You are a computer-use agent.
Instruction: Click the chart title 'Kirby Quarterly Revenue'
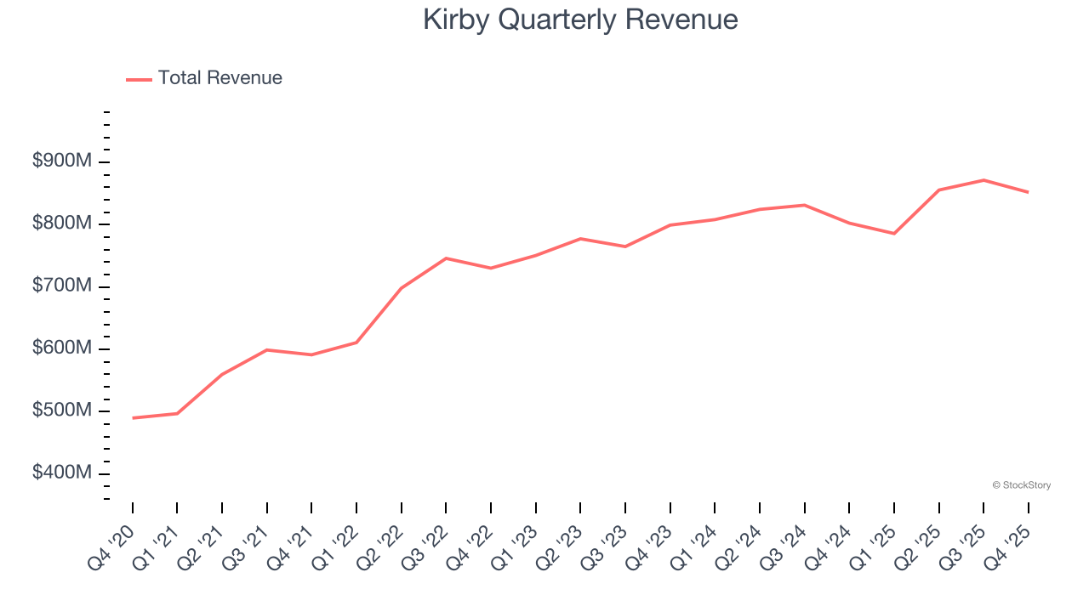(x=580, y=20)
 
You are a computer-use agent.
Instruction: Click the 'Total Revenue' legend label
(x=220, y=78)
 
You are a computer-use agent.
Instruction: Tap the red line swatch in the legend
(x=139, y=79)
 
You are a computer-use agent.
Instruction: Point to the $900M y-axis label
(x=61, y=161)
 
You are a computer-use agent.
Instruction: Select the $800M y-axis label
(x=61, y=224)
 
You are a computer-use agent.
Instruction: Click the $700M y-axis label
(x=61, y=286)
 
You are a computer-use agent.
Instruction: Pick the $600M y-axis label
(x=61, y=348)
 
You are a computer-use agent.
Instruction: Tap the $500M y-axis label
(x=61, y=411)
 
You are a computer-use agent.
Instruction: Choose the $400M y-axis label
(x=61, y=473)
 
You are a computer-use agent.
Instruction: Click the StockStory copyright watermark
(x=1021, y=485)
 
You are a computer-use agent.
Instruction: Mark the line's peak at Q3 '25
(x=984, y=180)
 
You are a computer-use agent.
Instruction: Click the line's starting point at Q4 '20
(x=133, y=418)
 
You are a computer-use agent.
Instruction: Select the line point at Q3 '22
(x=446, y=258)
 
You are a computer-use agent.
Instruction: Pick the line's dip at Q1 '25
(x=894, y=234)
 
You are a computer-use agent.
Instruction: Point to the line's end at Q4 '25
(x=1028, y=192)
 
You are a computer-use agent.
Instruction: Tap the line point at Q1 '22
(x=356, y=343)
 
